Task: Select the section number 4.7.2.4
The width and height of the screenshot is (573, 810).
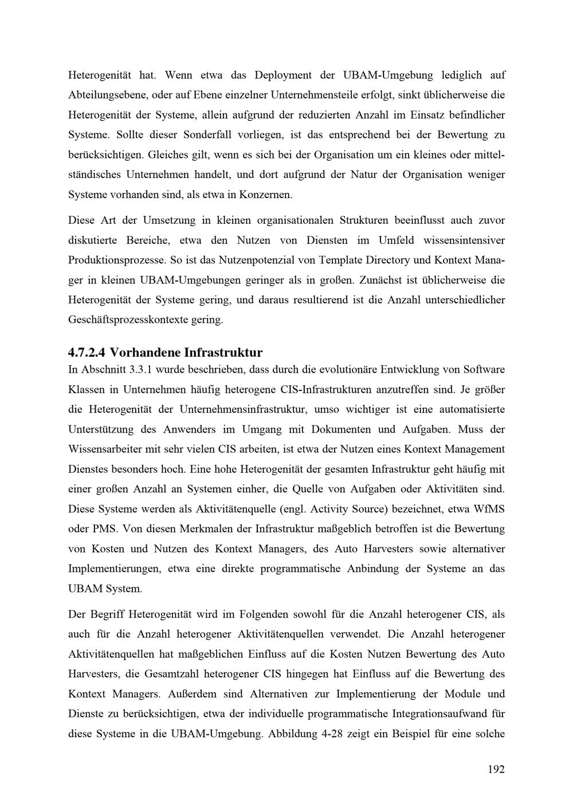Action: click(87, 351)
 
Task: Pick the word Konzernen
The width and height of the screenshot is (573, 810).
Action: click(269, 195)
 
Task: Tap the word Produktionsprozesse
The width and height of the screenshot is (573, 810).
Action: click(117, 260)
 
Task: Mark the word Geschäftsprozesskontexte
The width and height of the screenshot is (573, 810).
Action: click(145, 319)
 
